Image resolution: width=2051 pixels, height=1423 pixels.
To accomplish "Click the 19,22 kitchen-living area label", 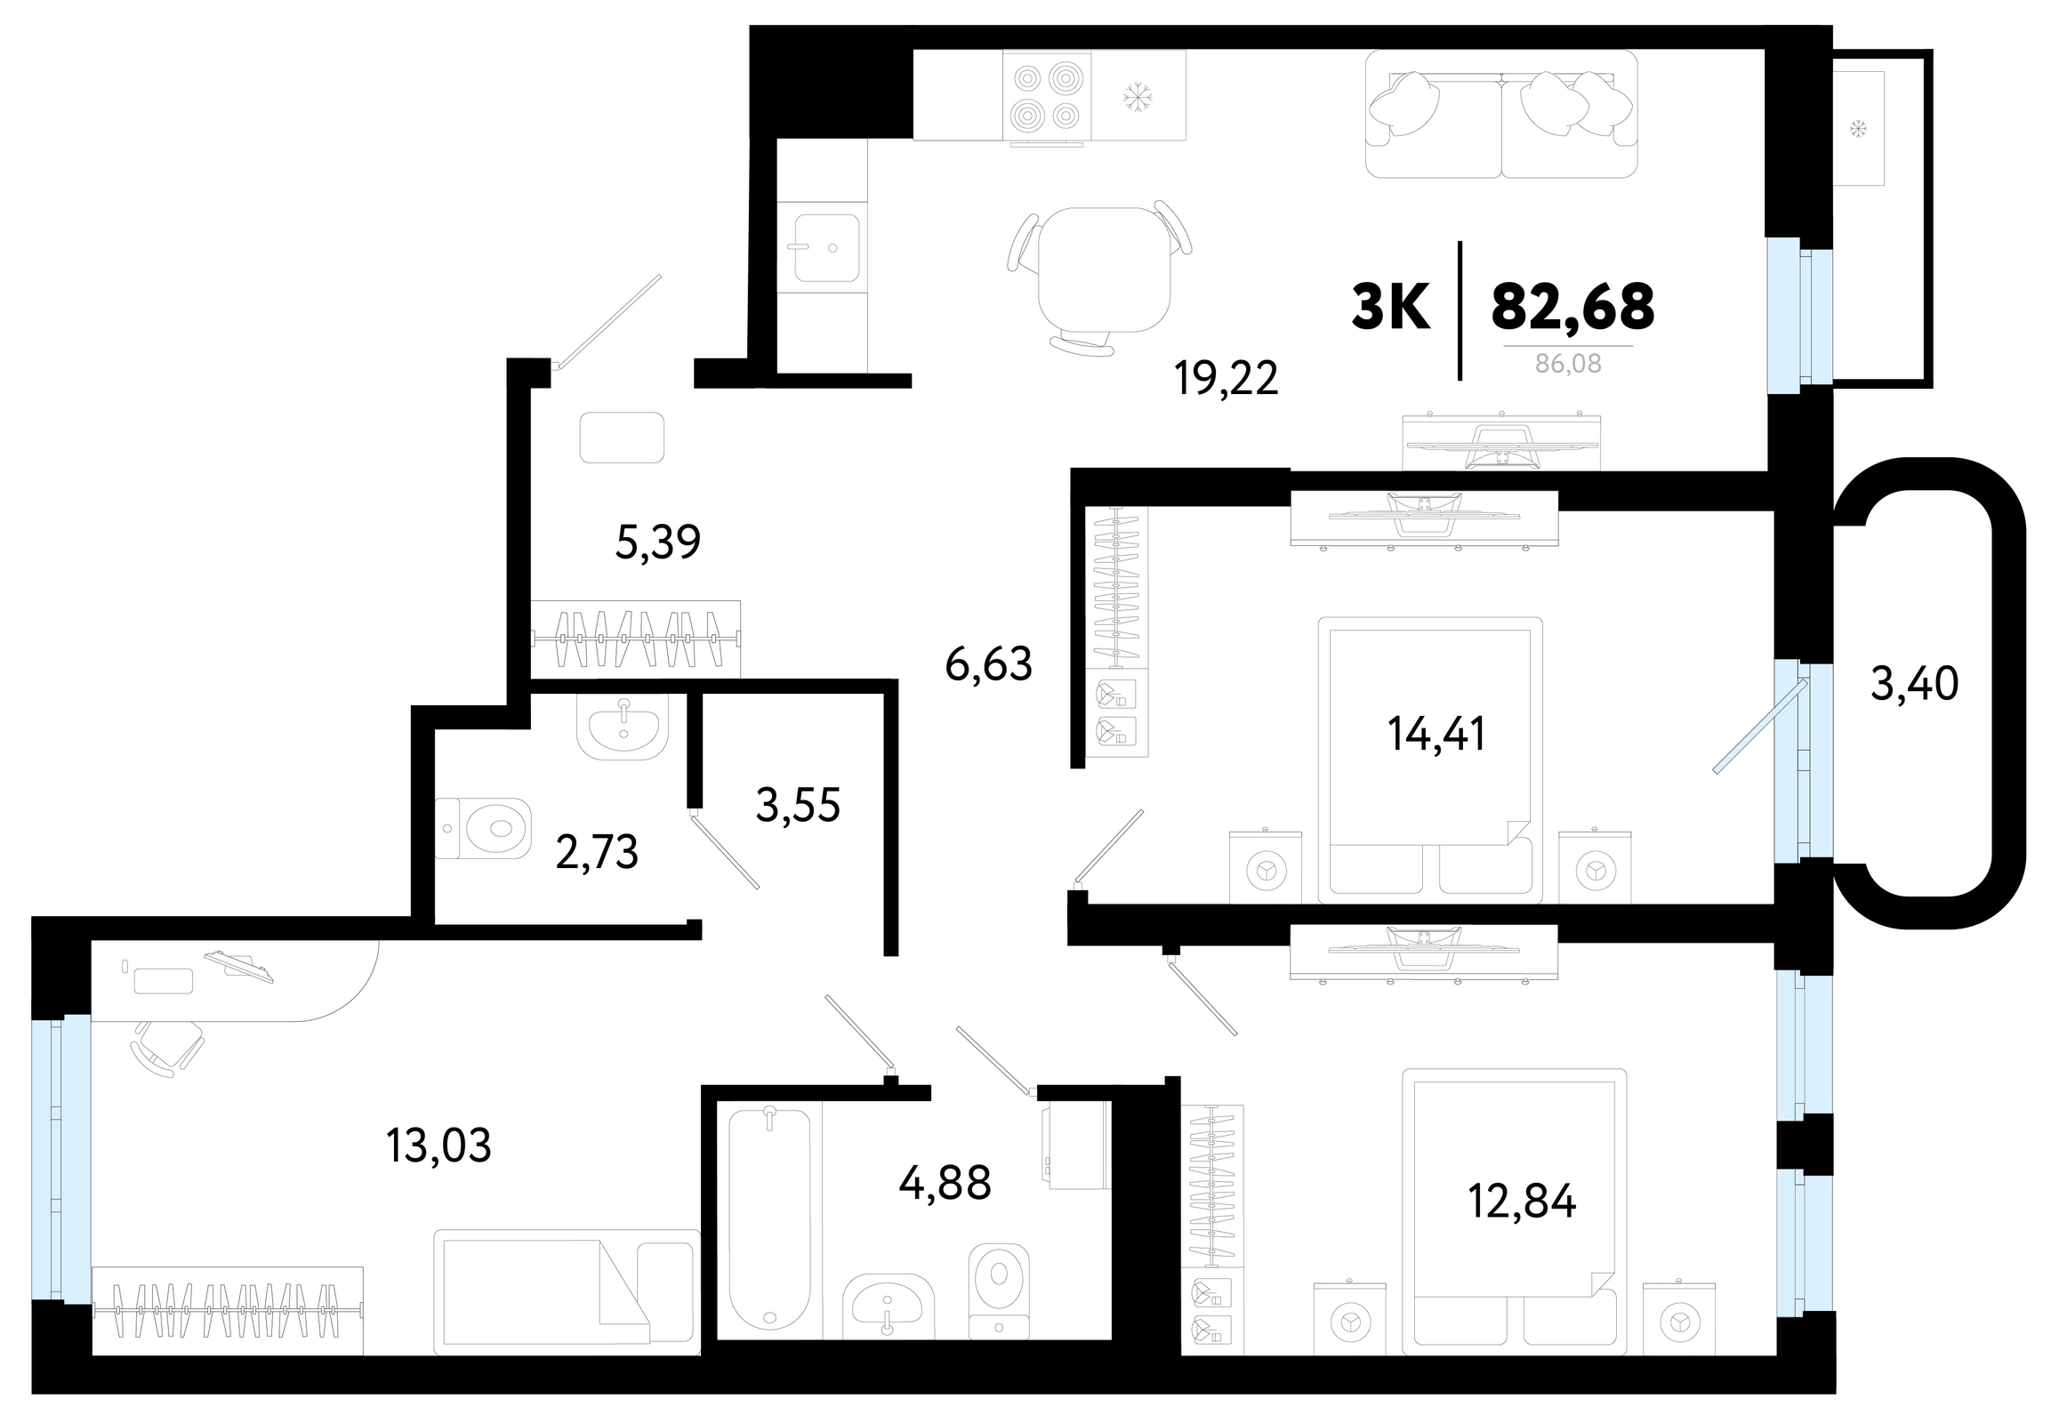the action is tap(1227, 379).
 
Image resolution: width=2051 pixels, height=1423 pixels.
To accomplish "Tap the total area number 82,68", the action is tap(1573, 306).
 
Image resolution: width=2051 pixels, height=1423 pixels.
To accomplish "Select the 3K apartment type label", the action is tap(1391, 306).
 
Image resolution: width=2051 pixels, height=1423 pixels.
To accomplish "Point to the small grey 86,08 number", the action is tap(1569, 364).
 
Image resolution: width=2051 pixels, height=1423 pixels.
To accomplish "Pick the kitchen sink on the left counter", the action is tap(826, 247).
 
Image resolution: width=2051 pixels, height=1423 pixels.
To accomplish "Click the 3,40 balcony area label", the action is tap(1915, 684).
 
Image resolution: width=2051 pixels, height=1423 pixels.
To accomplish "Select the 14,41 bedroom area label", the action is tap(1436, 734).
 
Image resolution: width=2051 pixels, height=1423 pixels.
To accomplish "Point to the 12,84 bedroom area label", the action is tap(1521, 1201).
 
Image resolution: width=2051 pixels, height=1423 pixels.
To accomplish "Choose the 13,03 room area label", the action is tap(438, 1146).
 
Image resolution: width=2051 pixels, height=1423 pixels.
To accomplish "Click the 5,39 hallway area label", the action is tap(658, 543).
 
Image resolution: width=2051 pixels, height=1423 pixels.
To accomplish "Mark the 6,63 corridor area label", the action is tap(988, 664).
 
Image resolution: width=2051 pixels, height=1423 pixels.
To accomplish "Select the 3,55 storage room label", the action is tap(798, 805).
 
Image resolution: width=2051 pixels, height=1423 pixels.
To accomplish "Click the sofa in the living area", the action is tap(1501, 114).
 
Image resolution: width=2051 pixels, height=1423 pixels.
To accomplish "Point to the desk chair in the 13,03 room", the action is tap(167, 1047).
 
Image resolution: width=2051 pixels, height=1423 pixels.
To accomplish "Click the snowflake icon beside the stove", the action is tap(1137, 96).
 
